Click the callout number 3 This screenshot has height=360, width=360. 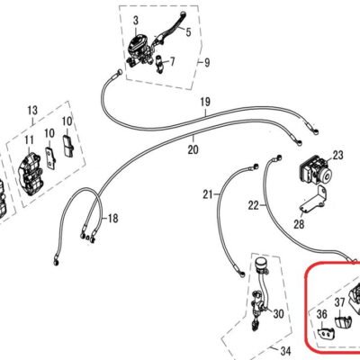click(x=136, y=21)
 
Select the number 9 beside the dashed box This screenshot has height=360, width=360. click(x=207, y=63)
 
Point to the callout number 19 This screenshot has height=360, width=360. click(x=205, y=102)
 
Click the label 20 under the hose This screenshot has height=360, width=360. click(x=193, y=149)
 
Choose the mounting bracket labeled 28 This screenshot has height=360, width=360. click(x=313, y=200)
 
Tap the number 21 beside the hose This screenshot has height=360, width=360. click(x=208, y=194)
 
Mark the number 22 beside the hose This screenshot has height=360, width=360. click(x=254, y=205)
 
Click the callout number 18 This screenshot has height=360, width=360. click(x=112, y=218)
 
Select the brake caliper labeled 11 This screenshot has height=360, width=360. click(x=30, y=174)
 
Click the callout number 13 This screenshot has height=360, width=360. click(x=32, y=110)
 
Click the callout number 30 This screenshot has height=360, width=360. click(x=278, y=314)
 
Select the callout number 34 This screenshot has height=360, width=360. click(x=285, y=350)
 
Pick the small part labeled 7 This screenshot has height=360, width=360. click(x=159, y=64)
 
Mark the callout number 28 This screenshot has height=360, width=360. click(x=299, y=224)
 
